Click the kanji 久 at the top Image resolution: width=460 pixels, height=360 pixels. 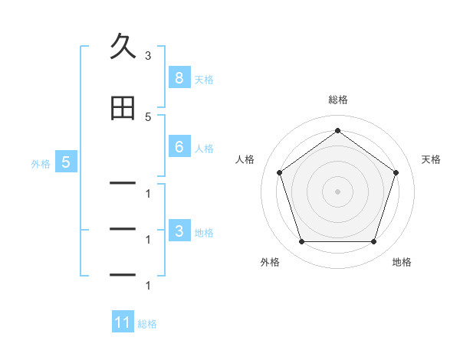coord(123,46)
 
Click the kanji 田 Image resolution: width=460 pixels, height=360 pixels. coord(123,108)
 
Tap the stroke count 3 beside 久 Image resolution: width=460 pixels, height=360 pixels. coord(148,56)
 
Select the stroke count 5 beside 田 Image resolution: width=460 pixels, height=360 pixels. coord(148,117)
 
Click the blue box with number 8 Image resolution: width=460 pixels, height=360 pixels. coord(179,77)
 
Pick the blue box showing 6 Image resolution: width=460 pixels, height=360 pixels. coord(179,146)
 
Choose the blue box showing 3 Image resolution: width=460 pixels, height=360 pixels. coord(179,230)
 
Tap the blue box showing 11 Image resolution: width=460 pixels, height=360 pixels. coord(123,321)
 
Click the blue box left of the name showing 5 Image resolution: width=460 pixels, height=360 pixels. coord(66,162)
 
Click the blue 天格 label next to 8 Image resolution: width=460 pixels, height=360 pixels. coord(204,80)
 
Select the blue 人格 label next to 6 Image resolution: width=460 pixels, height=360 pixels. coord(204,149)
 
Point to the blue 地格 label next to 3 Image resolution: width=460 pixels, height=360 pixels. coord(204,233)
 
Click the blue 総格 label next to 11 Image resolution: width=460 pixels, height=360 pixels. coord(147,324)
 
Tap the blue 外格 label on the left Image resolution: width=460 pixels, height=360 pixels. coord(41,164)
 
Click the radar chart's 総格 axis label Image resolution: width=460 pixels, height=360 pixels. coord(338,100)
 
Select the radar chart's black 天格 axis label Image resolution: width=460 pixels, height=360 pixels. coord(431,159)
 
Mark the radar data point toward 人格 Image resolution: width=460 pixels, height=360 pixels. coord(280,172)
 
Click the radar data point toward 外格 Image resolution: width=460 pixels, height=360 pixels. coord(302,242)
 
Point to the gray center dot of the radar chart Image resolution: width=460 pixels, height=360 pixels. coord(337,191)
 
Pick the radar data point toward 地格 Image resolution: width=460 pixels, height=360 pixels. coord(374,242)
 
